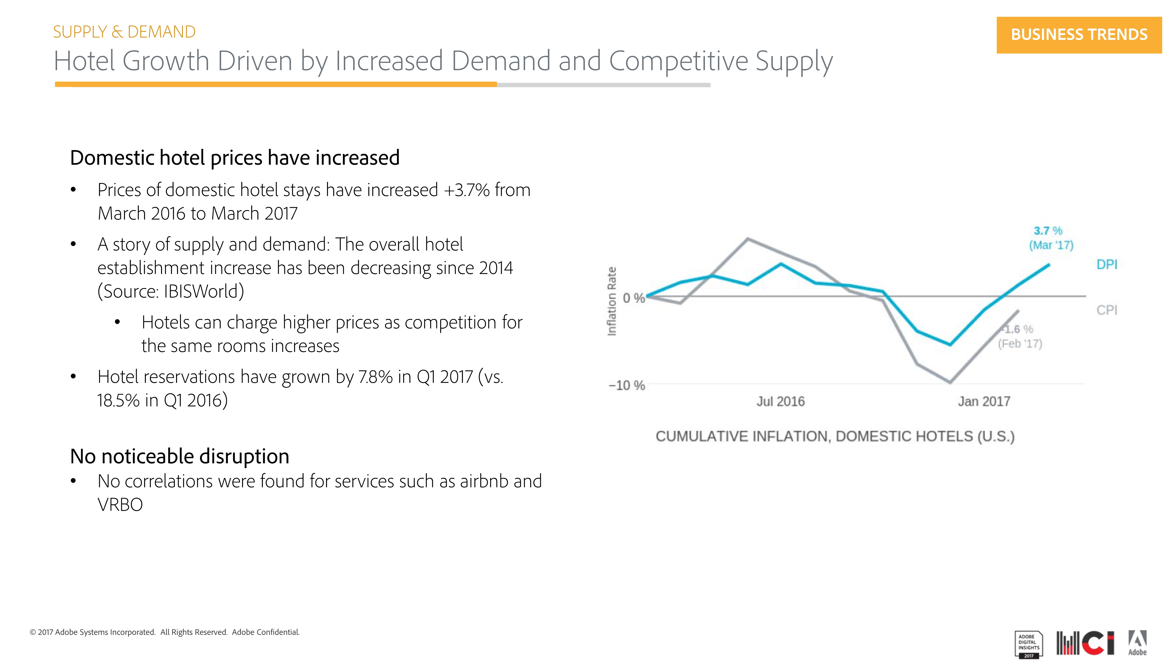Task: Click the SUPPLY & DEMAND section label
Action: (124, 32)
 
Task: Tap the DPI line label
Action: (1107, 265)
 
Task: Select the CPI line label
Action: (1107, 310)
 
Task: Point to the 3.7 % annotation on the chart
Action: (1048, 231)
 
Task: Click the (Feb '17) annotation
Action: (1020, 344)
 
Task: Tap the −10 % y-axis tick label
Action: (627, 386)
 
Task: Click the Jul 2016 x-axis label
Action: (780, 402)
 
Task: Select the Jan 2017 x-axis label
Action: (984, 402)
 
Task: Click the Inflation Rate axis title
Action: (612, 302)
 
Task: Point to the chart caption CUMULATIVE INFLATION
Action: (835, 436)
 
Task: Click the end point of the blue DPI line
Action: (1049, 265)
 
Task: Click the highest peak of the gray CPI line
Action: (747, 239)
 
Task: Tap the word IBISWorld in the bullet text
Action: (201, 291)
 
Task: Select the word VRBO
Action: (120, 505)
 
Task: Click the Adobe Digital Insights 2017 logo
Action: (1029, 645)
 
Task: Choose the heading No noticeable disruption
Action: (179, 456)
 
